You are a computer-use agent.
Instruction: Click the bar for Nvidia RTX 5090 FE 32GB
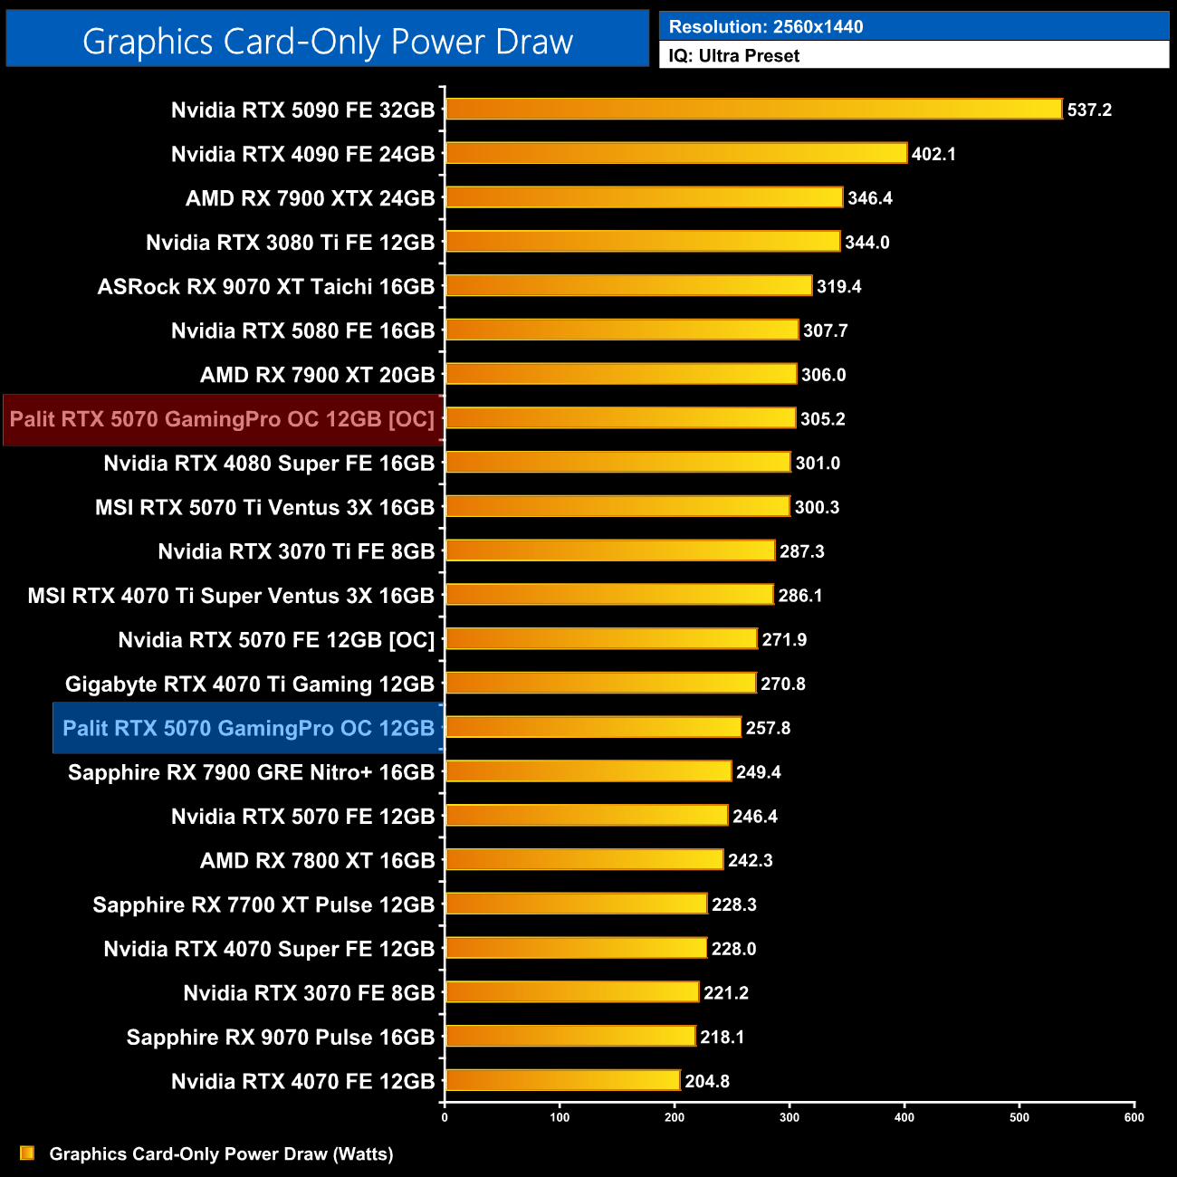click(x=753, y=110)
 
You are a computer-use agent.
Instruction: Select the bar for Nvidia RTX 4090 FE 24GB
click(x=676, y=153)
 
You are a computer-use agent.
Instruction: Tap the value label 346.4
click(x=870, y=198)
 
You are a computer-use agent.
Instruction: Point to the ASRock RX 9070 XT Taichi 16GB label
click(x=266, y=287)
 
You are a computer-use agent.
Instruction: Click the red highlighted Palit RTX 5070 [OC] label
click(x=222, y=419)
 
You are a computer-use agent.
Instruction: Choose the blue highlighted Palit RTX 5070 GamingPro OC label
click(x=248, y=729)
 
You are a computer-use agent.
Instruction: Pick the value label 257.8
click(x=768, y=728)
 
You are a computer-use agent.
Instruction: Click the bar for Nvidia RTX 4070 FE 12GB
click(x=562, y=1080)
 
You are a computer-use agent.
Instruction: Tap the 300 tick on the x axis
click(x=789, y=1117)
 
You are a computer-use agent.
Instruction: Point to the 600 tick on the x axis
click(x=1134, y=1117)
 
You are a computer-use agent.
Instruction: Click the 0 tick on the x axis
click(x=445, y=1117)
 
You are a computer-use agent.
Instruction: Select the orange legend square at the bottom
click(x=27, y=1153)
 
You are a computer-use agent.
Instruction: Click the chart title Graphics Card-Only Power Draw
click(x=328, y=42)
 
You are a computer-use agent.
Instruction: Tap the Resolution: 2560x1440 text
click(x=766, y=27)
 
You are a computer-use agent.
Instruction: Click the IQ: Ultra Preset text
click(x=734, y=56)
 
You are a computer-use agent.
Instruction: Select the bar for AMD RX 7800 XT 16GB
click(x=584, y=859)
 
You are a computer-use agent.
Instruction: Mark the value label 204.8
click(x=707, y=1081)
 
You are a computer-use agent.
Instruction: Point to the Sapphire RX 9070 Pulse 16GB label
click(x=281, y=1038)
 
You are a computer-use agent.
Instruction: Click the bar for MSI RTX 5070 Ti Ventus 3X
click(x=617, y=506)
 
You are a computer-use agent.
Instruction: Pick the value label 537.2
click(x=1089, y=110)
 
